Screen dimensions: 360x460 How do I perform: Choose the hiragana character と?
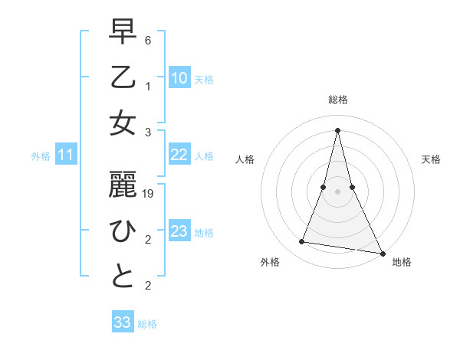(123, 277)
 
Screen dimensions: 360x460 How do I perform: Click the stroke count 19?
(149, 195)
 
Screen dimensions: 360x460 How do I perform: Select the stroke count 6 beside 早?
(148, 39)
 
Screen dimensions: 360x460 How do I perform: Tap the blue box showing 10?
(179, 78)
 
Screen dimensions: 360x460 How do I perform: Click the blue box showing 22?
(179, 155)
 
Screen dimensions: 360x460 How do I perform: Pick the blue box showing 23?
(179, 231)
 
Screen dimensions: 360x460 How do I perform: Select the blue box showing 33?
(122, 322)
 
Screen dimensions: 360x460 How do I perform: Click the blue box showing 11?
(65, 155)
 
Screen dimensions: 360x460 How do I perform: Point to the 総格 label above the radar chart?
(338, 100)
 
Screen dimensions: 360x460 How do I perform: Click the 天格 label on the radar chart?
(431, 159)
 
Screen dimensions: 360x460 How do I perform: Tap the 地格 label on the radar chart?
(402, 262)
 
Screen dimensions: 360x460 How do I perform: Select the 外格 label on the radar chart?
(270, 262)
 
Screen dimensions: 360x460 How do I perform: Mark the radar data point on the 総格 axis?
(338, 129)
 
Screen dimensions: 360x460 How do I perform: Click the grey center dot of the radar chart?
(338, 191)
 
